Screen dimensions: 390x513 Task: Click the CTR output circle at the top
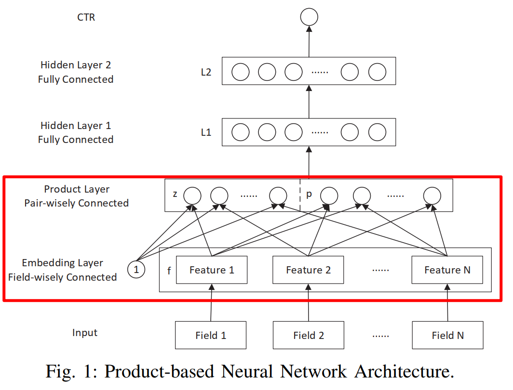click(309, 18)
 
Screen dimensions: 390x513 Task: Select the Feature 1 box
click(212, 270)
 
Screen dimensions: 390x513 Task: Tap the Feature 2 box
click(308, 270)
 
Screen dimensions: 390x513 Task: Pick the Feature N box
click(447, 270)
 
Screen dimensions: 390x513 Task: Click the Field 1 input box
click(211, 336)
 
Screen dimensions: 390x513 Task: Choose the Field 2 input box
click(309, 336)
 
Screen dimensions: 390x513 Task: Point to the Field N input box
click(447, 336)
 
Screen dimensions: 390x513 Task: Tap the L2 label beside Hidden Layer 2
click(206, 72)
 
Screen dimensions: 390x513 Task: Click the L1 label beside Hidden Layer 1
click(206, 132)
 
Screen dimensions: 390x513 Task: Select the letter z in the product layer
click(175, 194)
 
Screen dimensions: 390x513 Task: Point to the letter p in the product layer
click(309, 194)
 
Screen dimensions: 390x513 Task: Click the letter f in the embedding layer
click(169, 271)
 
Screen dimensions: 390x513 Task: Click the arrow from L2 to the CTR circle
click(309, 41)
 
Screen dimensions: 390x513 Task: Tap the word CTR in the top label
click(86, 17)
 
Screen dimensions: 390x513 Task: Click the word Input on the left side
click(85, 333)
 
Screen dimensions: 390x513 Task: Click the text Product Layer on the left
click(77, 189)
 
